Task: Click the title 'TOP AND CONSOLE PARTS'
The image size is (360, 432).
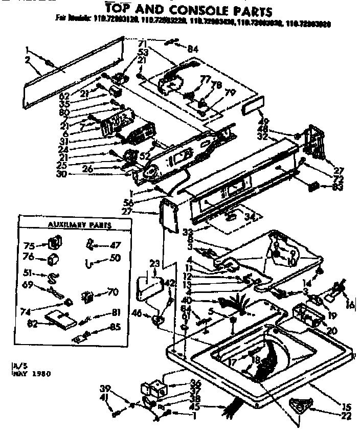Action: click(189, 9)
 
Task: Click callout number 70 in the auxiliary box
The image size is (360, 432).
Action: click(112, 292)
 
